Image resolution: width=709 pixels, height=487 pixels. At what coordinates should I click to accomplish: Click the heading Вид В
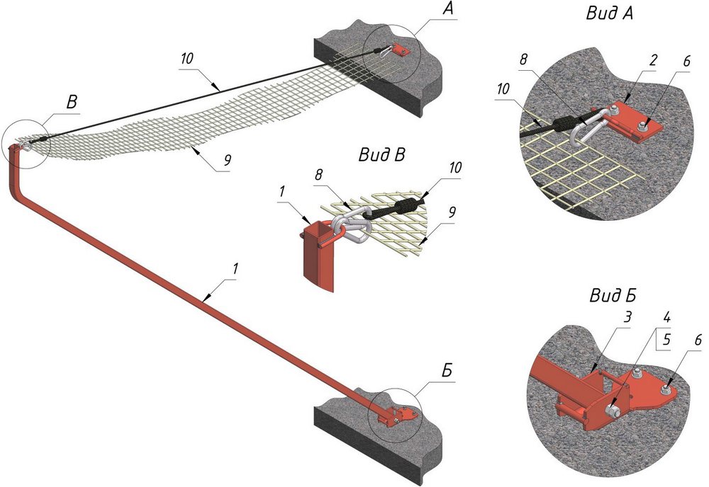pos(380,155)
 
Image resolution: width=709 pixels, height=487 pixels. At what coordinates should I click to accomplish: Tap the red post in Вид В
pos(316,258)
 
